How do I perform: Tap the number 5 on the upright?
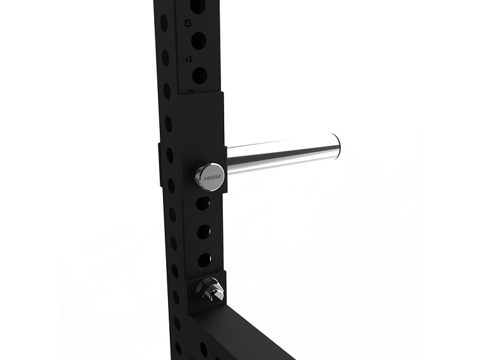point(188,24)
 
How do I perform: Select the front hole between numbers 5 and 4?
point(198,42)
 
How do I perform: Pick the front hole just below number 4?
point(200,76)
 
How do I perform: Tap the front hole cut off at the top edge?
point(198,6)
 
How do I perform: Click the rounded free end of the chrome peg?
point(336,149)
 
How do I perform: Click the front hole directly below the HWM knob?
point(203,203)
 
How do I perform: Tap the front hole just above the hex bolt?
point(205,260)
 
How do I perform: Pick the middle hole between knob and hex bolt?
point(203,232)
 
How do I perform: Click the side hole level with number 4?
point(165,58)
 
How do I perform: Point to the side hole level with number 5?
point(164,24)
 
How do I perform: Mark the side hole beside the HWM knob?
point(171,186)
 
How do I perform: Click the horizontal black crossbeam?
point(246,335)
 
